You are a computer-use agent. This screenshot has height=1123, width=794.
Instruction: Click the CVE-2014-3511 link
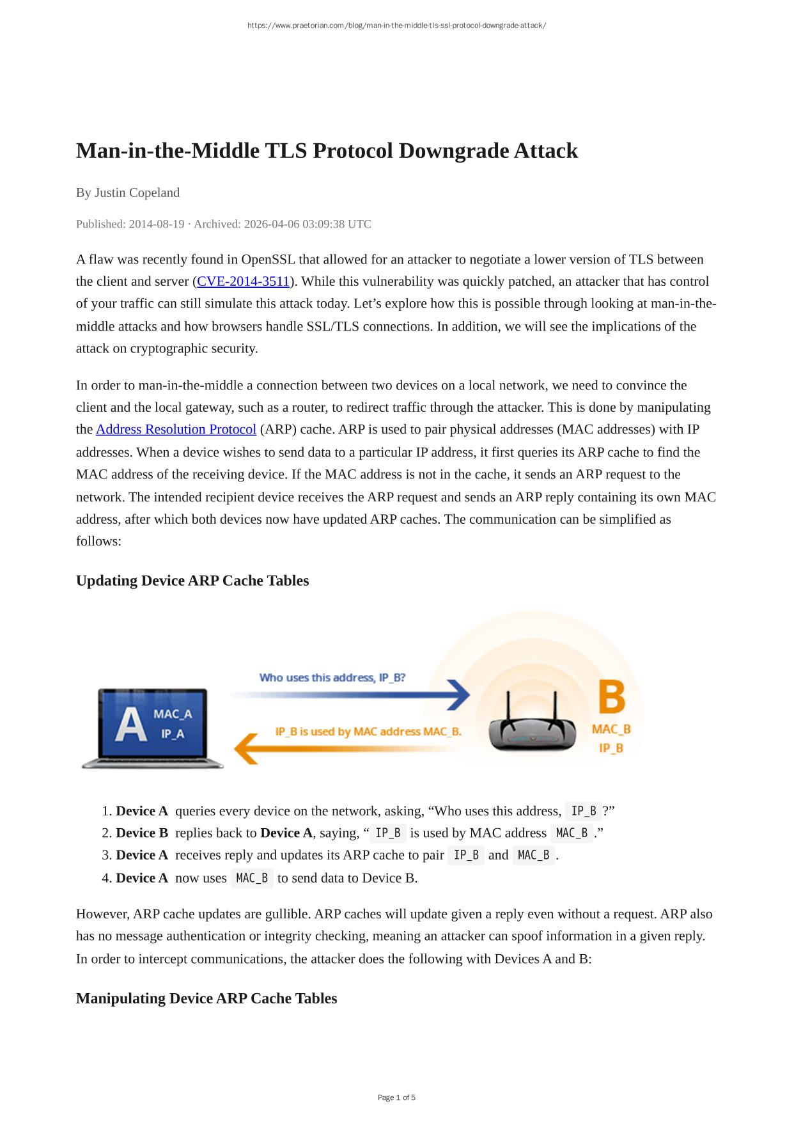point(243,281)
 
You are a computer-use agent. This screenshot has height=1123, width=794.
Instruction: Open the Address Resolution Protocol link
point(176,429)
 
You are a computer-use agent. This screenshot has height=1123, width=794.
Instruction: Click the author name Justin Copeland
point(137,192)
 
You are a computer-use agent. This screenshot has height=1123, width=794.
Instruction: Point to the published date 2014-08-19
point(157,224)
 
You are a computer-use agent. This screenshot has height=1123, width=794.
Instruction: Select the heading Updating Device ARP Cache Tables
point(192,581)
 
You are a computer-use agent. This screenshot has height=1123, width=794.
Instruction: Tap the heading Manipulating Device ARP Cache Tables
point(206,998)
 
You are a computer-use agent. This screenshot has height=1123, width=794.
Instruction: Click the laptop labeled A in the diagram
point(153,728)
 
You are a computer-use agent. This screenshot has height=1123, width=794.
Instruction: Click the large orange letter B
point(611,697)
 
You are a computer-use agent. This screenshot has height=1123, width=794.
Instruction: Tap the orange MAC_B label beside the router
point(611,729)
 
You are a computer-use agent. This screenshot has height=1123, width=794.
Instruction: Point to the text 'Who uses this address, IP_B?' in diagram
point(332,677)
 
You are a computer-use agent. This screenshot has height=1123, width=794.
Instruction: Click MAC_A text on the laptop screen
point(173,714)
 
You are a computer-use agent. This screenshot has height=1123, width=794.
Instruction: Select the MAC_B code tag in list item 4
point(252,878)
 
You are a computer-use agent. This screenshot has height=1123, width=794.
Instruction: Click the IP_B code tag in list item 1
point(584,811)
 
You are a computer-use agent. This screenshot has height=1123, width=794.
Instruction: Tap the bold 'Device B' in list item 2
point(142,833)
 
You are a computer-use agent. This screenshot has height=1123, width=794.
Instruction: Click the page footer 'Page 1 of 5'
point(396,1097)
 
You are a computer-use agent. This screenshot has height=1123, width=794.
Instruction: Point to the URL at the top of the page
point(396,26)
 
